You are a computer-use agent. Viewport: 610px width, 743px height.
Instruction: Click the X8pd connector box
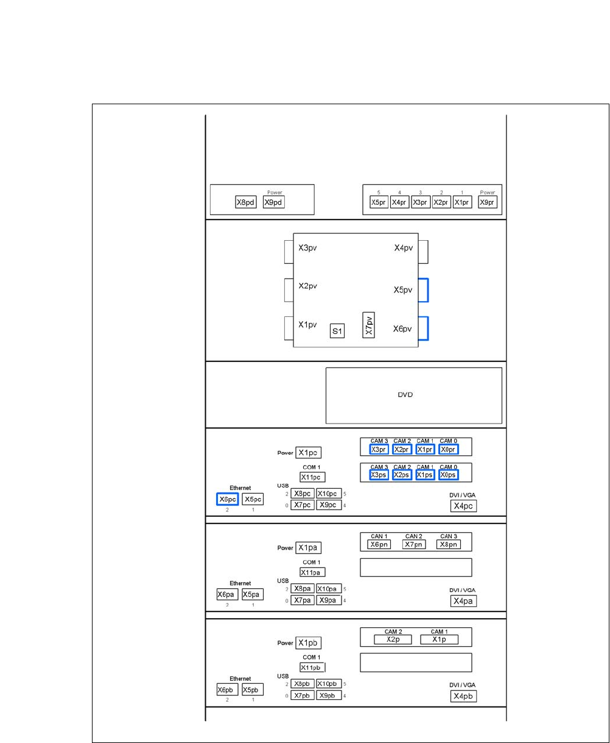coord(246,202)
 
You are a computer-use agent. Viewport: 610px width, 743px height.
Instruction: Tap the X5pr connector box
coord(379,202)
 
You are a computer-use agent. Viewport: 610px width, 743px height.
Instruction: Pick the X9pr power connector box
coord(488,202)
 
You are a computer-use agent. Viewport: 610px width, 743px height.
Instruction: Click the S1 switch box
coord(337,331)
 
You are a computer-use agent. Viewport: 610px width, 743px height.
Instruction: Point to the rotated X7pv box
coord(368,324)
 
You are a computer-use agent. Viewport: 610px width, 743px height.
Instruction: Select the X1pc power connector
coord(309,453)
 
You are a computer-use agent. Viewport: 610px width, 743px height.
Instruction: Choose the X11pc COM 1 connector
coord(313,477)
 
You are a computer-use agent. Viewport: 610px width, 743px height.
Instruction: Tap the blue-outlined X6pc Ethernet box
coord(228,499)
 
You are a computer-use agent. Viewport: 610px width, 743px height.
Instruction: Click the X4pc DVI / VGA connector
coord(463,505)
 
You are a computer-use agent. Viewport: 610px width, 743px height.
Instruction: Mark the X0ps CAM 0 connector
coord(448,475)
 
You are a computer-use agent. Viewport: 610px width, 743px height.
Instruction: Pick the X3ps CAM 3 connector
coord(379,475)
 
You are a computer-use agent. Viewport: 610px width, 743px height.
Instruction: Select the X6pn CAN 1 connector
coord(379,544)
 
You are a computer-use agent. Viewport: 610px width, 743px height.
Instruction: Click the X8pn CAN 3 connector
coord(448,544)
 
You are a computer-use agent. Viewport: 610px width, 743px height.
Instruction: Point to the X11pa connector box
coord(313,572)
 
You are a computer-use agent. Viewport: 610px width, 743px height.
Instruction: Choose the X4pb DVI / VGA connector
coord(463,696)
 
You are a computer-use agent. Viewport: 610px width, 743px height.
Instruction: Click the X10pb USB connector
coord(329,684)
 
